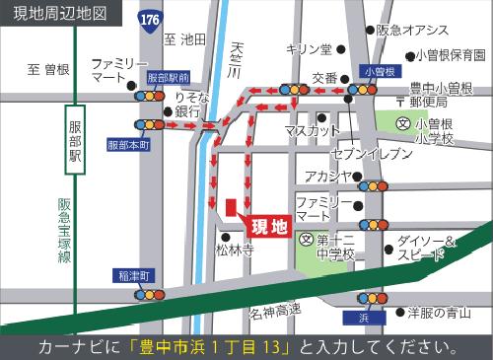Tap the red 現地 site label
[x=268, y=227]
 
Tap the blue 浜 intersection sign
[x=361, y=318]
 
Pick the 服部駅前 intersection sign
[x=168, y=76]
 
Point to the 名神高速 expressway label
[x=275, y=314]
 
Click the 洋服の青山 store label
[x=439, y=313]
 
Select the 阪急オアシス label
[x=412, y=31]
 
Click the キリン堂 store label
[x=309, y=48]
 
